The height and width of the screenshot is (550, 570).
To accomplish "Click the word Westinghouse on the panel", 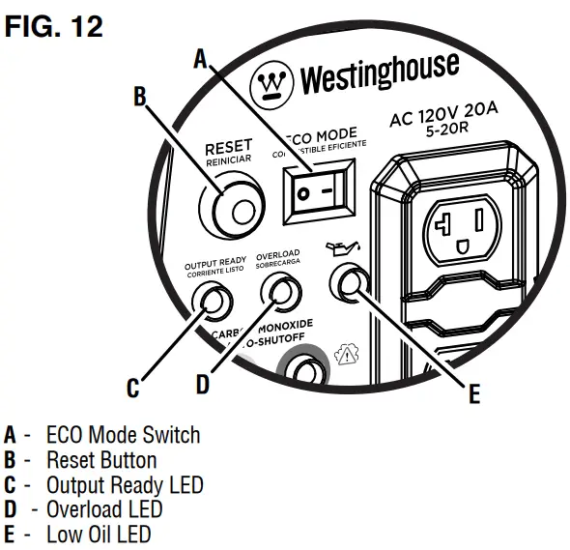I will coord(379,74).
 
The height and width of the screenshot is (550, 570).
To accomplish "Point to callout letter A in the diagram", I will coord(200,60).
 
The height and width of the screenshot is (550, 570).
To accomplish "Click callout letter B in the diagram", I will coord(138,96).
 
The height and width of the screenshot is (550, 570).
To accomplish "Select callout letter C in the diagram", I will coord(133,389).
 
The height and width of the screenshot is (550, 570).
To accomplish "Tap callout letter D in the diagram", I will coord(202,384).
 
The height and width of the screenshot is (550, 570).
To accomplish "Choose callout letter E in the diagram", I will coord(473,394).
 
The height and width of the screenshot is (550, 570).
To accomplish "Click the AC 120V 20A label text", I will coord(444,119).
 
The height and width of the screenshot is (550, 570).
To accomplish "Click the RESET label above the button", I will coord(228,148).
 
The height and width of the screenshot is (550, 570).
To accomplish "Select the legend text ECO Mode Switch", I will coord(123,434).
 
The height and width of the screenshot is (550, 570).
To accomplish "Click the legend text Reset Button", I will coord(100,459).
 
